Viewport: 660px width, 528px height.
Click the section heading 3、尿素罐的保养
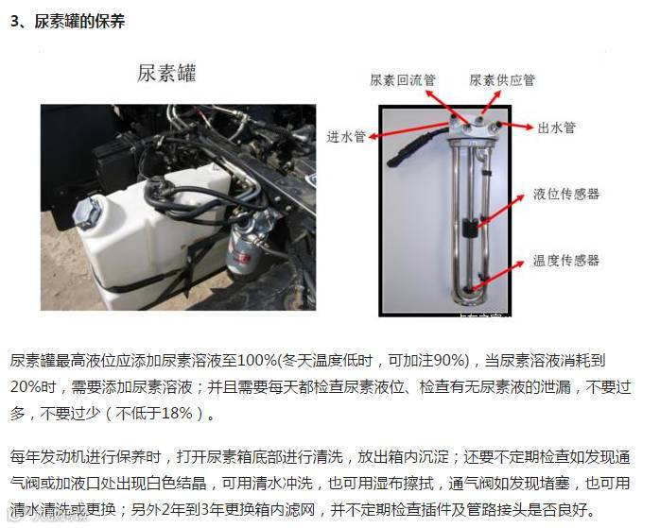[68, 22]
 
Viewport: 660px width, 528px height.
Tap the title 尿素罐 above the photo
[166, 73]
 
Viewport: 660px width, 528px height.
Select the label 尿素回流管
[403, 80]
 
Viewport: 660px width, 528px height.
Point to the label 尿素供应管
[502, 80]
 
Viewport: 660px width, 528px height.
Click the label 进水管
[346, 137]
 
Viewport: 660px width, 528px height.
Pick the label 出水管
[556, 128]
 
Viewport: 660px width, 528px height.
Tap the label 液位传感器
[566, 194]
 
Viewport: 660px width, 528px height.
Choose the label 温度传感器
[566, 260]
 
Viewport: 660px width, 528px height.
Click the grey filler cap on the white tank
[87, 212]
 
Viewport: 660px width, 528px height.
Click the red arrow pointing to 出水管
[515, 126]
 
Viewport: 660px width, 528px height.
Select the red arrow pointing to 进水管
[408, 130]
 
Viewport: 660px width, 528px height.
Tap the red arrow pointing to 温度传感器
[496, 276]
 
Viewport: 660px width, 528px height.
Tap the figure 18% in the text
[177, 413]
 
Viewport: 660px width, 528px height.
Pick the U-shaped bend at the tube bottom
[470, 298]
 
